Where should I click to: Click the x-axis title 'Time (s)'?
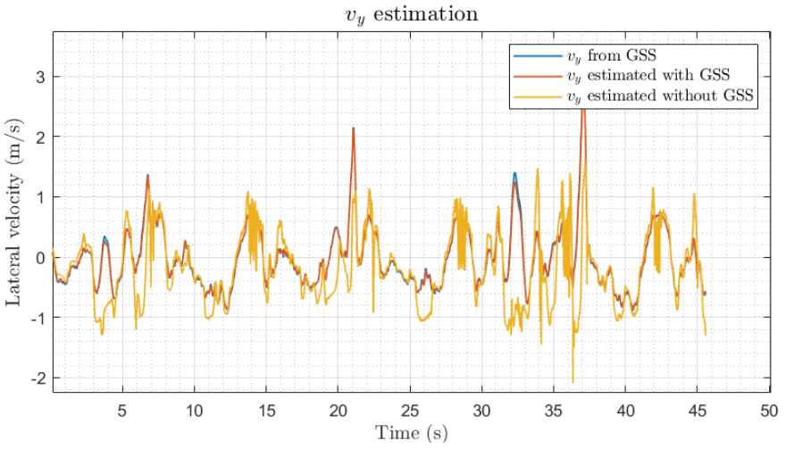410,434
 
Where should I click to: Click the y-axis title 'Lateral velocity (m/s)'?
16,212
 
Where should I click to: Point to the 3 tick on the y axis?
41,77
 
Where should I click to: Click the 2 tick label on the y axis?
41,137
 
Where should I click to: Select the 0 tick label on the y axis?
41,257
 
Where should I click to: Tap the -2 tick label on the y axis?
38,378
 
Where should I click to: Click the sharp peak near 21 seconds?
354,129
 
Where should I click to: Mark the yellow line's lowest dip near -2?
573,381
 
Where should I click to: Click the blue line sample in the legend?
528,56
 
